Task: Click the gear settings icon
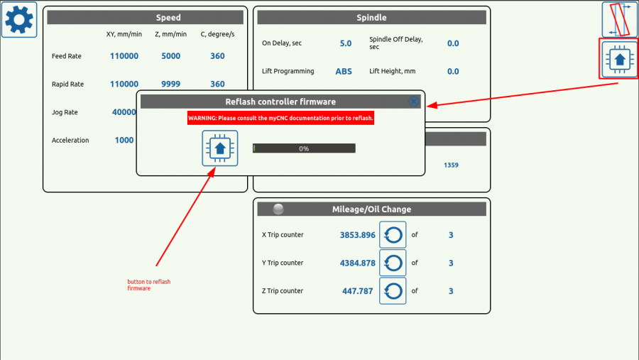coord(19,20)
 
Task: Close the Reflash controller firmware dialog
coord(414,102)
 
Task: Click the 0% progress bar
coord(304,148)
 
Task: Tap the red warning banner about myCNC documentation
coord(280,118)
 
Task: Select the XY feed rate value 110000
coord(124,56)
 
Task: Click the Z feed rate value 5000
coord(170,56)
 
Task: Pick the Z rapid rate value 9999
coord(170,84)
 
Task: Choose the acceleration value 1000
coord(124,141)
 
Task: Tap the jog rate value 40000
coord(124,112)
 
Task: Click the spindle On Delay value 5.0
coord(346,43)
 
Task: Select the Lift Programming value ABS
coord(344,71)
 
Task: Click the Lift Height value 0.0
coord(453,71)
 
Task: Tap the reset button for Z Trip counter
coord(393,291)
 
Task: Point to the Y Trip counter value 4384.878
coord(357,263)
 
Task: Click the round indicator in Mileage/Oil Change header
coord(278,209)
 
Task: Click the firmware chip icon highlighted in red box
coord(619,60)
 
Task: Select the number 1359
coord(451,165)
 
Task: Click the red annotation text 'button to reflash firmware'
coord(149,285)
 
